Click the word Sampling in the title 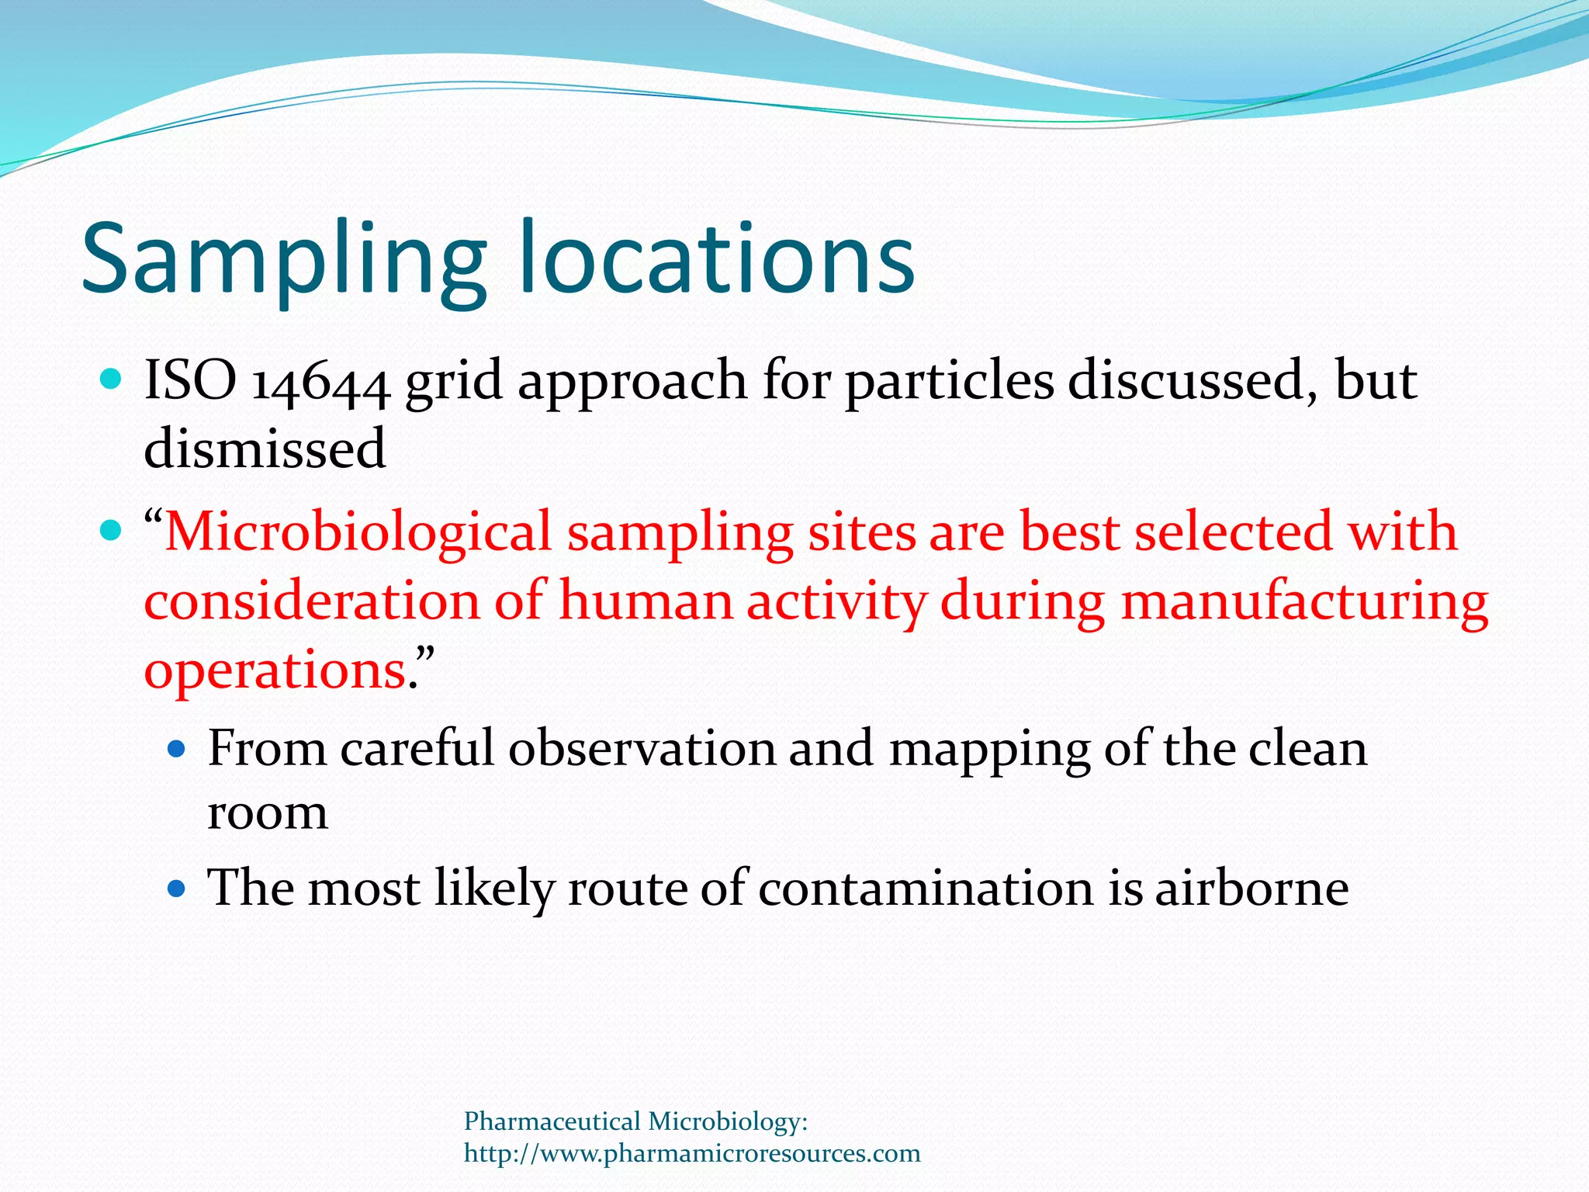click(x=283, y=260)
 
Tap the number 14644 click(x=320, y=383)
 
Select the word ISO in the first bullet click(x=191, y=381)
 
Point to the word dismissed click(x=265, y=449)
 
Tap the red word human click(x=646, y=602)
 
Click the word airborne click(x=1251, y=889)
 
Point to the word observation click(x=642, y=750)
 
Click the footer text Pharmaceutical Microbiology click(x=635, y=1121)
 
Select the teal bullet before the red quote click(x=112, y=532)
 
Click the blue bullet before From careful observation click(x=178, y=749)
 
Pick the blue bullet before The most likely click(x=178, y=888)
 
